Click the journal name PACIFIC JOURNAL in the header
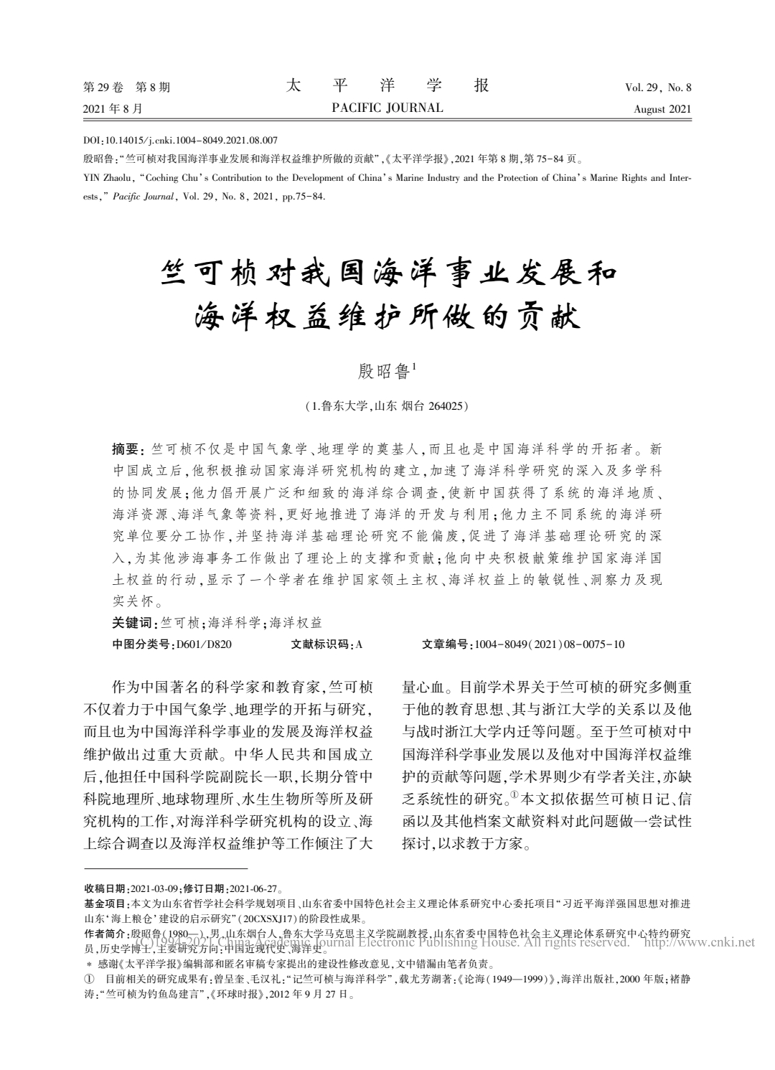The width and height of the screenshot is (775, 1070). pyautogui.click(x=387, y=108)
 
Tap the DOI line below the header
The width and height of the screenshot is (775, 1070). pyautogui.click(x=181, y=141)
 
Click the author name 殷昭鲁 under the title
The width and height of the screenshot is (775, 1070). pyautogui.click(x=385, y=371)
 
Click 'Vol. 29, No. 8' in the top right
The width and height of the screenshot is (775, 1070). pyautogui.click(x=658, y=88)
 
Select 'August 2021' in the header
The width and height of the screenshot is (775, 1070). pyautogui.click(x=662, y=109)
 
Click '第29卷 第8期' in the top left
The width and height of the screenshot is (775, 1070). pyautogui.click(x=127, y=88)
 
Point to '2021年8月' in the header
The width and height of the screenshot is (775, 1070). pyautogui.click(x=113, y=109)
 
